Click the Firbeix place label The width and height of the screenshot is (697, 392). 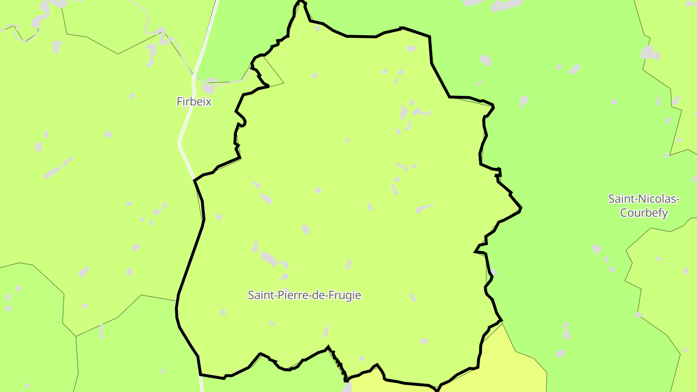(194, 102)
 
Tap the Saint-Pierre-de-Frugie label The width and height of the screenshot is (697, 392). (304, 295)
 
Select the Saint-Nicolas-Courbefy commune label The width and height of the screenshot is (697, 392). (644, 206)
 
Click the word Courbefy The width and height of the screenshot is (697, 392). (644, 212)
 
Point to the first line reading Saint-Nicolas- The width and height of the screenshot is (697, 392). (644, 199)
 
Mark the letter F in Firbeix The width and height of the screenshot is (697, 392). (180, 102)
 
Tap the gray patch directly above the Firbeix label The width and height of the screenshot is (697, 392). (209, 89)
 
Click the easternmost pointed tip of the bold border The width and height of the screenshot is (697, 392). (520, 209)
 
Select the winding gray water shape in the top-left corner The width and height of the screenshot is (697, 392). (39, 19)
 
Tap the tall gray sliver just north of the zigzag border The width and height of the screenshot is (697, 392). (326, 332)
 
